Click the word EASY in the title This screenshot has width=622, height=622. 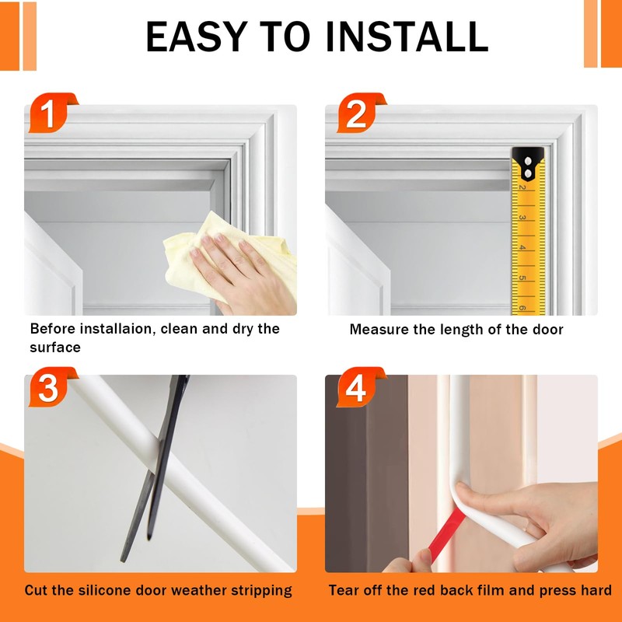click(197, 37)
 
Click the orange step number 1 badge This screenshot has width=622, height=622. click(51, 113)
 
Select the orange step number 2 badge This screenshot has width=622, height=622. click(360, 113)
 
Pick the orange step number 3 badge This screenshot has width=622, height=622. click(51, 387)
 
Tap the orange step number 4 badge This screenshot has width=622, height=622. click(360, 387)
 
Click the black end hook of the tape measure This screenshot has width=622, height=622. click(528, 163)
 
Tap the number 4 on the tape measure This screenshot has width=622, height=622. click(522, 247)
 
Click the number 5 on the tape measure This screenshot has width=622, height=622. click(522, 278)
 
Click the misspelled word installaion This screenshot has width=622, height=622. click(115, 329)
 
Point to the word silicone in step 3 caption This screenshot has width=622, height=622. click(104, 590)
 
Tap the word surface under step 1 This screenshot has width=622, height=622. click(55, 348)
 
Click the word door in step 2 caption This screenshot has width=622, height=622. click(548, 330)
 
